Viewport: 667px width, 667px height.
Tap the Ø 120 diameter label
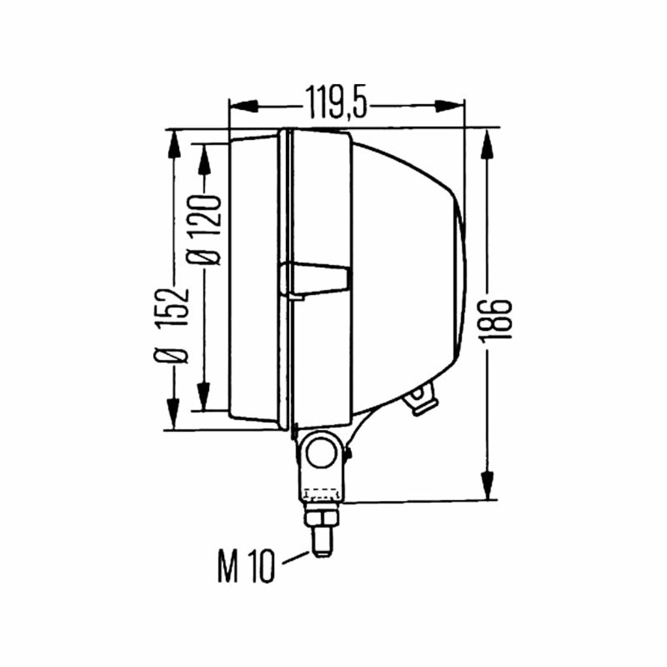point(205,230)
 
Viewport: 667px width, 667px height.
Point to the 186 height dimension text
point(495,319)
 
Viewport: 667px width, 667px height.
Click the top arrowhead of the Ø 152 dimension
point(173,145)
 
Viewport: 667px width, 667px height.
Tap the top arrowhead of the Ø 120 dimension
point(204,159)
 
